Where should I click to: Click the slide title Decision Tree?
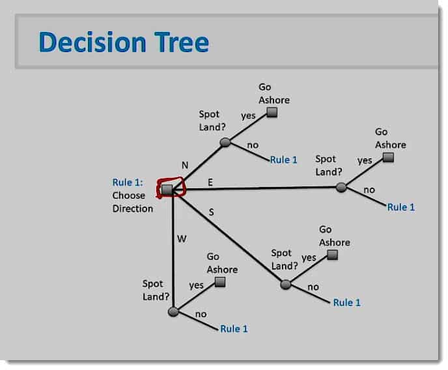pos(124,42)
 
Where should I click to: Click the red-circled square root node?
pos(167,190)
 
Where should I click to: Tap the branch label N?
pos(185,165)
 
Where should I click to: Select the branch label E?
pos(210,182)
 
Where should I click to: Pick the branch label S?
pos(211,212)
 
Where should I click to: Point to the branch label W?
pos(182,238)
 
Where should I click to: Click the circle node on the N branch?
pos(225,142)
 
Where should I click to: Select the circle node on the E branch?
pos(341,187)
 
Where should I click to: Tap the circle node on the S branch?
pos(285,285)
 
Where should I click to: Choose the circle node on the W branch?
pos(173,312)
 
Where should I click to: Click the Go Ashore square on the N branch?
pos(272,112)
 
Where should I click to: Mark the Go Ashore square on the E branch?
pos(388,157)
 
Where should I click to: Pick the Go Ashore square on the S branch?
pos(332,255)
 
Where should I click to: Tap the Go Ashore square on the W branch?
pos(220,282)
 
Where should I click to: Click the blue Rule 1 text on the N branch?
pos(283,160)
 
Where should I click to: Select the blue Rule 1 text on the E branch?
pos(401,207)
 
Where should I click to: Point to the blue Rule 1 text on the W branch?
pos(234,329)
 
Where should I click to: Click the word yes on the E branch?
pos(365,160)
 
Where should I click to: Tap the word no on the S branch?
pos(313,287)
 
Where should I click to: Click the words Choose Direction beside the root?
pos(133,203)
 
